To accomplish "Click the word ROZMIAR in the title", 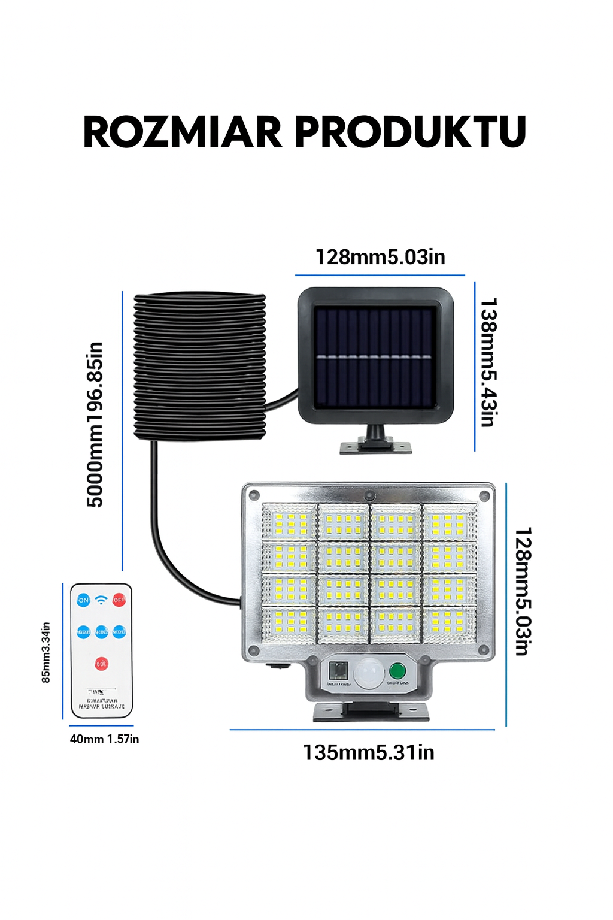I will pyautogui.click(x=182, y=132).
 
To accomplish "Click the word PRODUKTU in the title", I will pyautogui.click(x=411, y=132).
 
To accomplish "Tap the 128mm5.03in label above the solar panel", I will pyautogui.click(x=380, y=257).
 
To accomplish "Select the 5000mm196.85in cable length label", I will pyautogui.click(x=95, y=424).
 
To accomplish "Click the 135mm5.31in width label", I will pyautogui.click(x=369, y=752).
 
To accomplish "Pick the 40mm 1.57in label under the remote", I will pyautogui.click(x=104, y=739).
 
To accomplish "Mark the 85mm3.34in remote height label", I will pyautogui.click(x=46, y=652).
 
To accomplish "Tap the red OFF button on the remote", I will pyautogui.click(x=119, y=600).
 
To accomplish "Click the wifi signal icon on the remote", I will pyautogui.click(x=101, y=600).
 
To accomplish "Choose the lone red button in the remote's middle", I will pyautogui.click(x=102, y=664).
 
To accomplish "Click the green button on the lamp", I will pyautogui.click(x=397, y=671).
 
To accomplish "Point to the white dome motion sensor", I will pyautogui.click(x=369, y=673).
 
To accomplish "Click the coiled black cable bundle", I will pyautogui.click(x=199, y=367).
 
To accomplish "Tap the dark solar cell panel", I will pyautogui.click(x=375, y=358).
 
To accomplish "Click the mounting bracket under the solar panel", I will pyautogui.click(x=376, y=441).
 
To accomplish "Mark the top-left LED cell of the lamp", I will pyautogui.click(x=289, y=522).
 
